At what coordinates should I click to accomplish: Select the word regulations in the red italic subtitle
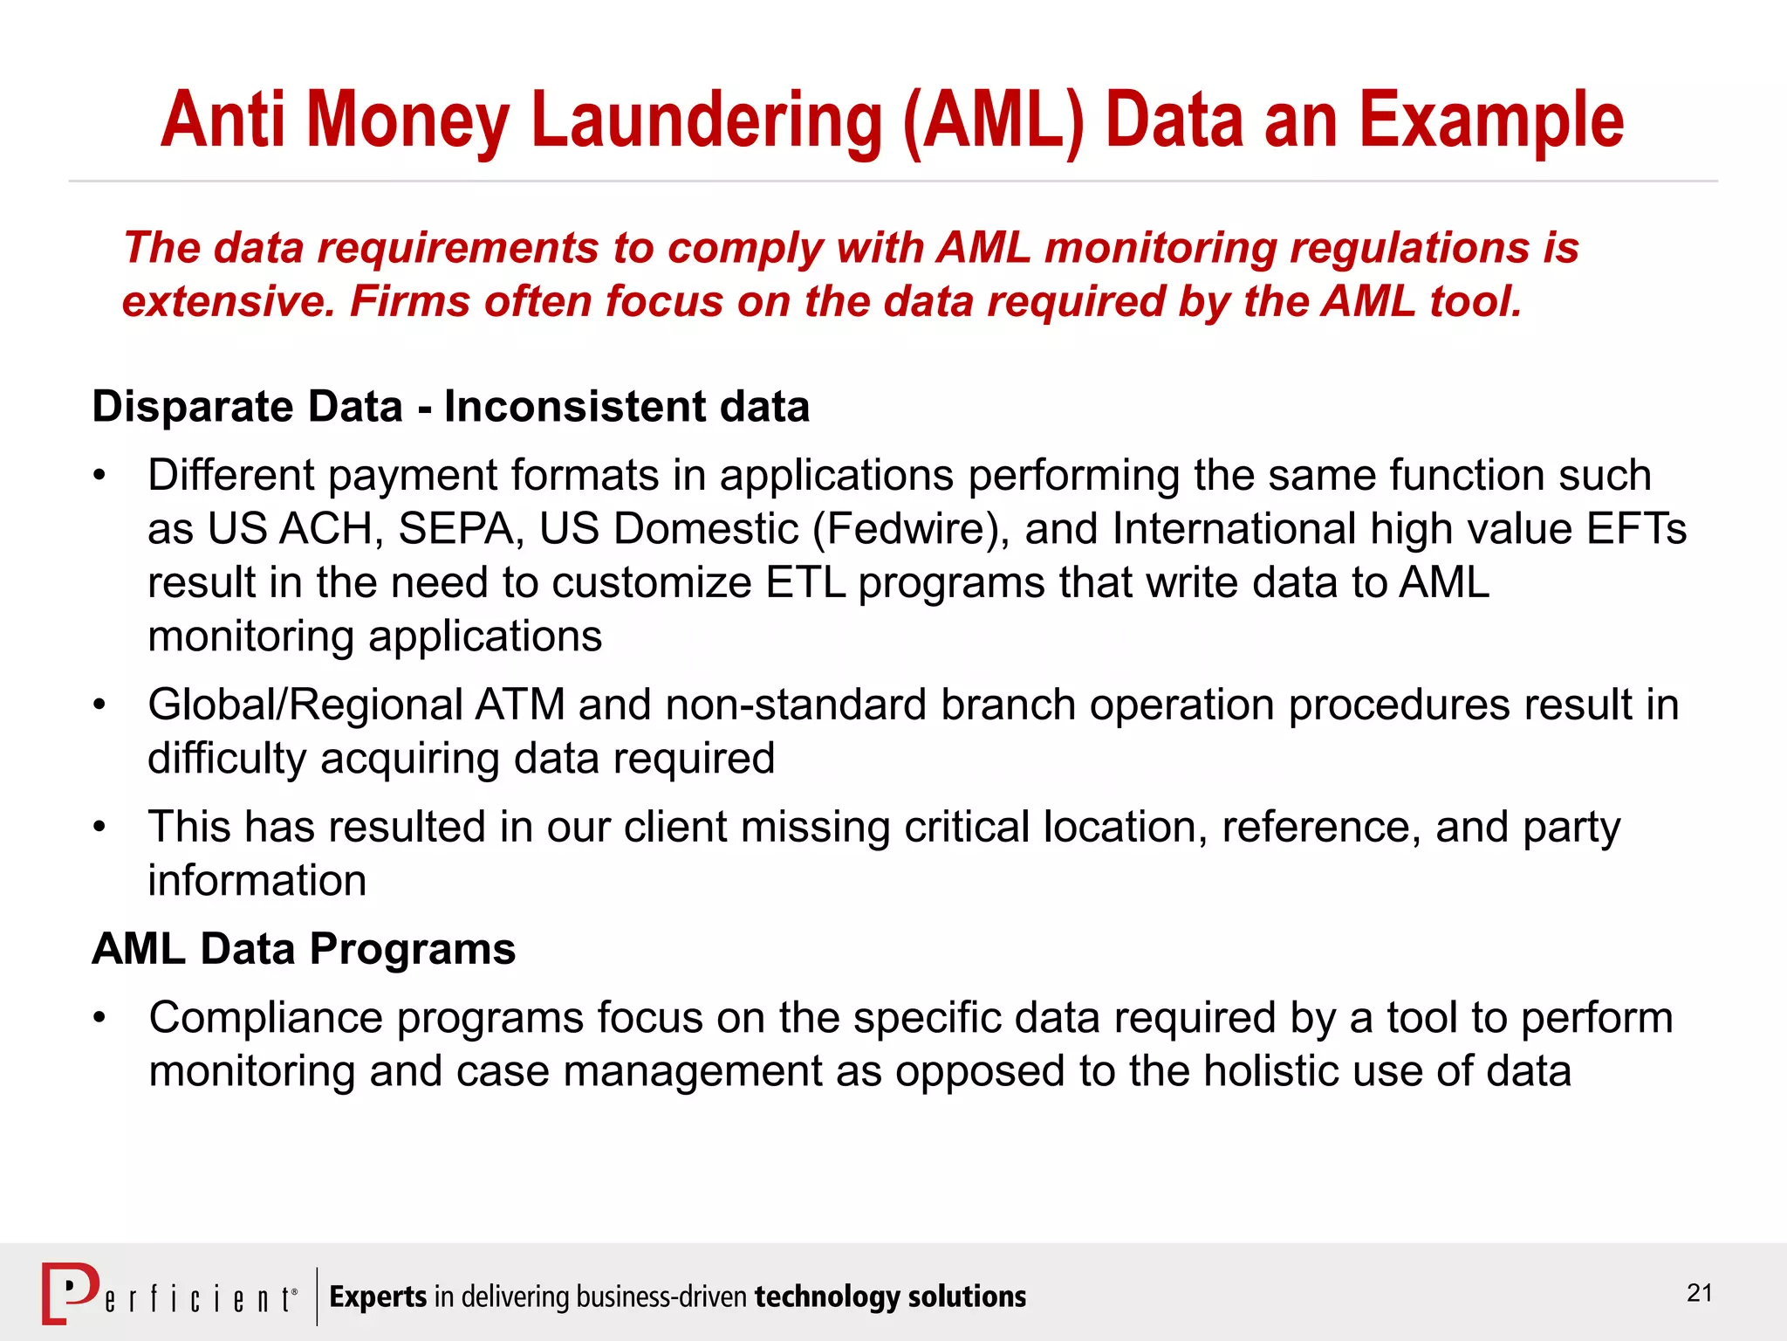1409,248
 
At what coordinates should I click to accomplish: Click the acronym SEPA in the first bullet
461,529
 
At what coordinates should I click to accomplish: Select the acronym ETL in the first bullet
805,583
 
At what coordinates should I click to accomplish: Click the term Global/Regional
305,705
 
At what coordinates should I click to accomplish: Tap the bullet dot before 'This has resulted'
100,827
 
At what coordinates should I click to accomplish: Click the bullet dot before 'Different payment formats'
100,476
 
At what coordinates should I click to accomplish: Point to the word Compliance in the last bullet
265,1018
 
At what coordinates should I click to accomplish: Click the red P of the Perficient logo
70,1292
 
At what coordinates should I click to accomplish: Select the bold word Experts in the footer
378,1297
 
